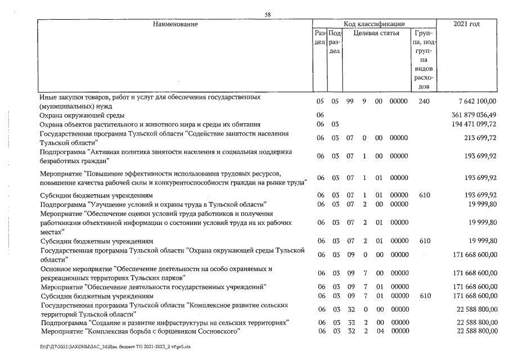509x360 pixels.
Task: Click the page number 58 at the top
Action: (268, 15)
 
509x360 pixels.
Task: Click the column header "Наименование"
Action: (174, 24)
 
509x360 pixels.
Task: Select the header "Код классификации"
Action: (374, 24)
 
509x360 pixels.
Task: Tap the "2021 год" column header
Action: (466, 24)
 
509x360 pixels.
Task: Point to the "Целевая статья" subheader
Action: (376, 33)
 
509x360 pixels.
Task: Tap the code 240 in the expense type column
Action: (424, 102)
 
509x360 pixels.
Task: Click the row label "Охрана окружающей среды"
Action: (78, 115)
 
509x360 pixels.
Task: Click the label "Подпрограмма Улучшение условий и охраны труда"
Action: (152, 204)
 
